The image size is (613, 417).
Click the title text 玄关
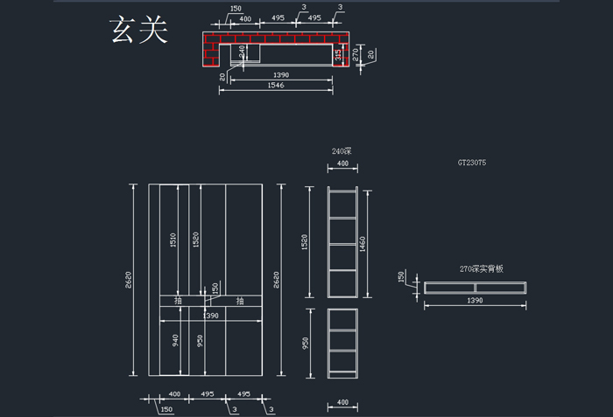click(x=138, y=30)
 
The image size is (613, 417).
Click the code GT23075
click(x=477, y=163)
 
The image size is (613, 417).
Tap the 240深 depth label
click(x=342, y=151)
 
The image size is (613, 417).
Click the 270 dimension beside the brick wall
click(x=356, y=52)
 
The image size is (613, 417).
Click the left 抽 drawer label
click(x=178, y=301)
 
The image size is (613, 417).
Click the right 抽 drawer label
click(x=239, y=301)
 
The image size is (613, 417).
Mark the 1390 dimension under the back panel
click(x=476, y=299)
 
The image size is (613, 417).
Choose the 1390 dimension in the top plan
click(x=281, y=75)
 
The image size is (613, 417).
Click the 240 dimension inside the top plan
click(x=243, y=51)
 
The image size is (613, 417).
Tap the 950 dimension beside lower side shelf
click(x=305, y=343)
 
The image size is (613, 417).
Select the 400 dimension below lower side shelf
click(x=342, y=402)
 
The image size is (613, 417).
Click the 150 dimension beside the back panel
click(x=402, y=276)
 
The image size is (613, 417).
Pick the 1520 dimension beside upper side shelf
click(x=305, y=240)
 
